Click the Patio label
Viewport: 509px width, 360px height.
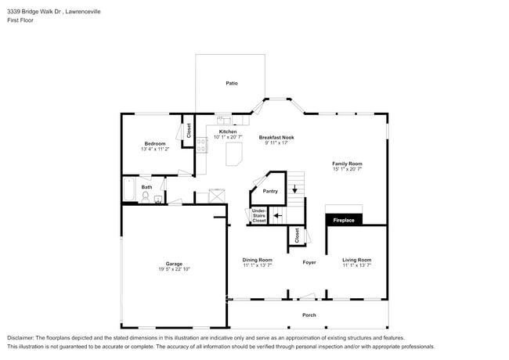pyautogui.click(x=232, y=83)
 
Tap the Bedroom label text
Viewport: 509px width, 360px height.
pyautogui.click(x=154, y=143)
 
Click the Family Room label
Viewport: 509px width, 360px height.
pyautogui.click(x=347, y=164)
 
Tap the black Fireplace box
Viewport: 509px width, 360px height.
pyautogui.click(x=345, y=220)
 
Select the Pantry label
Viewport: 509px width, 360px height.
pyautogui.click(x=270, y=191)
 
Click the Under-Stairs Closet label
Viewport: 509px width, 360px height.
pyautogui.click(x=258, y=216)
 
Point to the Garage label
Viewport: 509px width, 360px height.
pyautogui.click(x=173, y=264)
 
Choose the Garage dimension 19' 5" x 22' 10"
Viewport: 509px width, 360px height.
pyautogui.click(x=173, y=269)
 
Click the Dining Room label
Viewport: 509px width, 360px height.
pyautogui.click(x=257, y=260)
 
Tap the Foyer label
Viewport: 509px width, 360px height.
pyautogui.click(x=309, y=262)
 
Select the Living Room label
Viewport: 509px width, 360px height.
pyautogui.click(x=356, y=260)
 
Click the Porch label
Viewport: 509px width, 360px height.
pyautogui.click(x=309, y=315)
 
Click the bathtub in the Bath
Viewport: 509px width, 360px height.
pyautogui.click(x=129, y=191)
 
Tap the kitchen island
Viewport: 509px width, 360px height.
pyautogui.click(x=234, y=154)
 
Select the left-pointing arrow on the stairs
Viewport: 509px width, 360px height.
pyautogui.click(x=277, y=214)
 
